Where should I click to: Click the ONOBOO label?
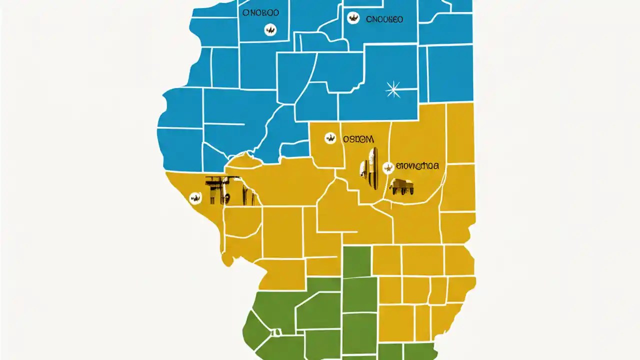260,13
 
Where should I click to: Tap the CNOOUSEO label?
384,20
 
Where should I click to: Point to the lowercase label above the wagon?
417,166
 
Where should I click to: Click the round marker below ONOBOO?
270,30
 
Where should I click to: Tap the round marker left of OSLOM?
330,138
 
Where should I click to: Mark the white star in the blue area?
393,89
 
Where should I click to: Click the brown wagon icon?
401,186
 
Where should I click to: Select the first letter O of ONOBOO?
245,13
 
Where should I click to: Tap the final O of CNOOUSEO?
399,20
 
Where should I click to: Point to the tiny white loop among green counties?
275,332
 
